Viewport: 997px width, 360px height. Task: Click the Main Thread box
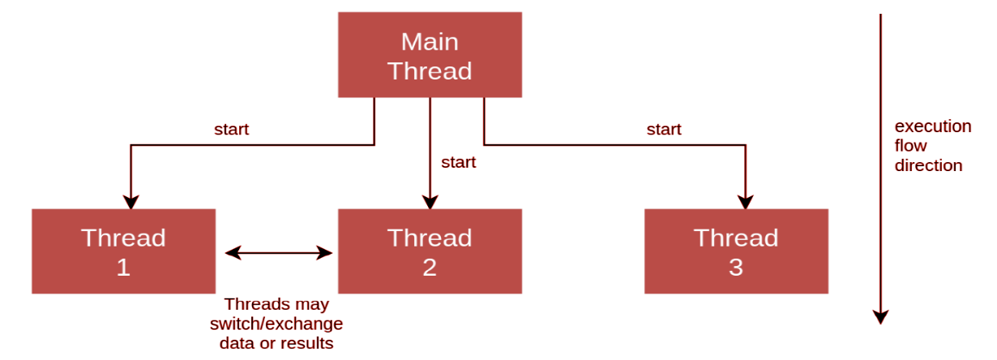point(430,55)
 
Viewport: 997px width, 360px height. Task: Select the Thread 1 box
point(124,251)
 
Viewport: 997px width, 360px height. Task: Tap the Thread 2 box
point(430,251)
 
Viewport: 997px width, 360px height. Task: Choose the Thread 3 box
point(736,251)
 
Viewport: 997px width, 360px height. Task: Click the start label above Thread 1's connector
point(232,130)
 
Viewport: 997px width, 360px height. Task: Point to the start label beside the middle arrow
point(459,162)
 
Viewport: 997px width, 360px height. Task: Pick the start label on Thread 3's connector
point(664,130)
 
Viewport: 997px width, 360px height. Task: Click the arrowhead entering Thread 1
point(131,202)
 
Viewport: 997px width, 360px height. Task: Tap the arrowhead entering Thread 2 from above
point(430,202)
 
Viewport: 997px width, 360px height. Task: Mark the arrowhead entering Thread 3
point(746,202)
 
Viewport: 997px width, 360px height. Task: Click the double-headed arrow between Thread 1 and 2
point(279,253)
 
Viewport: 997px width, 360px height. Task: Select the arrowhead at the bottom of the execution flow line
point(880,317)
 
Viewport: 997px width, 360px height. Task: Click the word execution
point(933,126)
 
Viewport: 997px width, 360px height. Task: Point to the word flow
point(910,145)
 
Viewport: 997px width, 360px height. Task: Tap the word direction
point(928,165)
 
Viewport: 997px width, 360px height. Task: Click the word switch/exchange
point(276,324)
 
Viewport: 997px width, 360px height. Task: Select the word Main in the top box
point(430,42)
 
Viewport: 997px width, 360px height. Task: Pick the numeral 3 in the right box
point(736,268)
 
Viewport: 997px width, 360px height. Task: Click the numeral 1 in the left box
point(123,268)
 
